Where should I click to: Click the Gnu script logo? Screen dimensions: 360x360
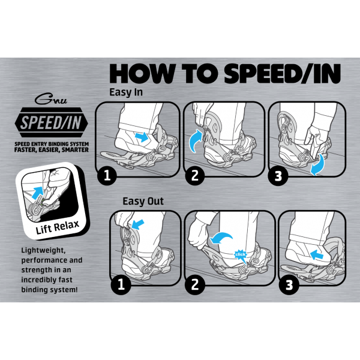click(x=51, y=99)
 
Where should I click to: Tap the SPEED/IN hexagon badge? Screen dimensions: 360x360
click(x=51, y=122)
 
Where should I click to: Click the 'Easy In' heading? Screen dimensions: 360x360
click(x=126, y=92)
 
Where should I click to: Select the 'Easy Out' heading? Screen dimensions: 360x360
click(x=143, y=202)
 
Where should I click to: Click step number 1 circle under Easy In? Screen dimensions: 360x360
click(x=107, y=176)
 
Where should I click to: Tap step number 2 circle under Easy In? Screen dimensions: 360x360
click(x=195, y=176)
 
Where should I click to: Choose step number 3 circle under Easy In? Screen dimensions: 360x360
click(x=278, y=176)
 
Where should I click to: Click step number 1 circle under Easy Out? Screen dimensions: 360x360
click(x=121, y=284)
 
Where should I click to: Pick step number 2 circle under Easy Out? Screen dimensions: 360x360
click(x=195, y=284)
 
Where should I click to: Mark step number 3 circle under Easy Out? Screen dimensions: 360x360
click(x=289, y=285)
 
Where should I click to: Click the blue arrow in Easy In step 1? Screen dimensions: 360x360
click(x=142, y=137)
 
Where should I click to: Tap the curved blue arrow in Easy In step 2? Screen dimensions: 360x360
click(x=194, y=140)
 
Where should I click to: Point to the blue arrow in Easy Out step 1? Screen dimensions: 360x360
click(x=137, y=224)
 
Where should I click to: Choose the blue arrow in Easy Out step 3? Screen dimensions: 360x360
click(x=316, y=255)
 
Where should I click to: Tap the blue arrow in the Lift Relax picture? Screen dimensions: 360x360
click(x=37, y=193)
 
